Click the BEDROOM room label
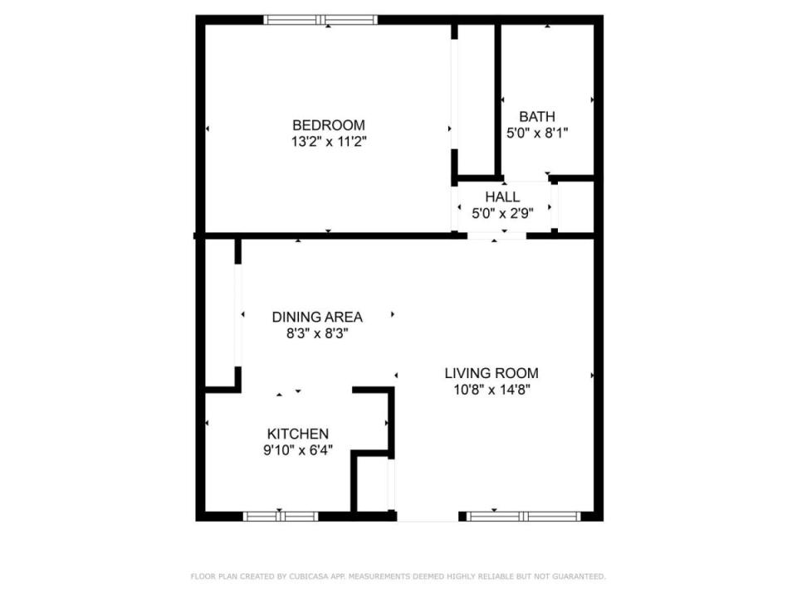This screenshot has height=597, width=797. pyautogui.click(x=329, y=125)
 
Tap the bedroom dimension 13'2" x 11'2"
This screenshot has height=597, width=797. pyautogui.click(x=329, y=141)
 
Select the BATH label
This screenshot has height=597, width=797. pyautogui.click(x=537, y=117)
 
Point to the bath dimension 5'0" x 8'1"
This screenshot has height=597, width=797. pyautogui.click(x=537, y=133)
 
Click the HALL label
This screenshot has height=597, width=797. pyautogui.click(x=502, y=197)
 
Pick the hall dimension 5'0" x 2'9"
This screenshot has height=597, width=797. pyautogui.click(x=502, y=213)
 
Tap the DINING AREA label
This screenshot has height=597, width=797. pyautogui.click(x=317, y=318)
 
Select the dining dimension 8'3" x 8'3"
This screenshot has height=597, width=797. pyautogui.click(x=317, y=333)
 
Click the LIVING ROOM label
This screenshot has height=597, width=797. pyautogui.click(x=491, y=373)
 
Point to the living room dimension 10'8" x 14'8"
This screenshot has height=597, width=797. pyautogui.click(x=491, y=390)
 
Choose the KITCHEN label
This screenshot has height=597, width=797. pyautogui.click(x=298, y=434)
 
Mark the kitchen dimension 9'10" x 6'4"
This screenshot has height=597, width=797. pyautogui.click(x=298, y=450)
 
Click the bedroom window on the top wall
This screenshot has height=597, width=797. pyautogui.click(x=320, y=20)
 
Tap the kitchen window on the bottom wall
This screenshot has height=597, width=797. pyautogui.click(x=281, y=517)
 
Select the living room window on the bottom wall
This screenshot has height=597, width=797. pyautogui.click(x=524, y=517)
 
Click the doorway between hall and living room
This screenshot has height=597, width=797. pyautogui.click(x=496, y=235)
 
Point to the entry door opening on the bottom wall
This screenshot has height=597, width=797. pyautogui.click(x=428, y=517)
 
